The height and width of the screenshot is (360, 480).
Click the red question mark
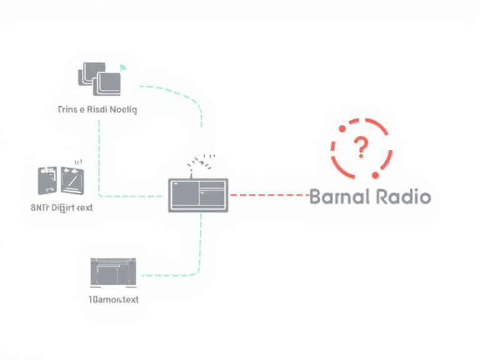coord(361,148)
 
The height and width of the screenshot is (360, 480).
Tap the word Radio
coord(404,197)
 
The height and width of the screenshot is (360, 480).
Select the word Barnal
coord(341,197)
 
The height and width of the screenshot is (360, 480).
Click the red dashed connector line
coord(269,195)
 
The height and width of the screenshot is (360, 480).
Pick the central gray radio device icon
coord(198,195)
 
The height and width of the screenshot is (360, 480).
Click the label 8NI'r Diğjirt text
coord(61,207)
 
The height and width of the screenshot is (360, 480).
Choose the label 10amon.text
coord(114,299)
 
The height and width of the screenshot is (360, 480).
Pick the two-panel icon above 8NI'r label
coord(61,180)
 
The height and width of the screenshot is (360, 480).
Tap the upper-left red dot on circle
coord(342,129)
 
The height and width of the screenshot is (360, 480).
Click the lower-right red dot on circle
coord(376,173)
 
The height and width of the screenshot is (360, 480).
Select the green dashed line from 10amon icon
coord(175,273)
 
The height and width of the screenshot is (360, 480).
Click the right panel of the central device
coord(212,195)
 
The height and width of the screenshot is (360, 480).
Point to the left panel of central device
coord(183,195)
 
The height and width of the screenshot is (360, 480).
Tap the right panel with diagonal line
coord(73,181)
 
